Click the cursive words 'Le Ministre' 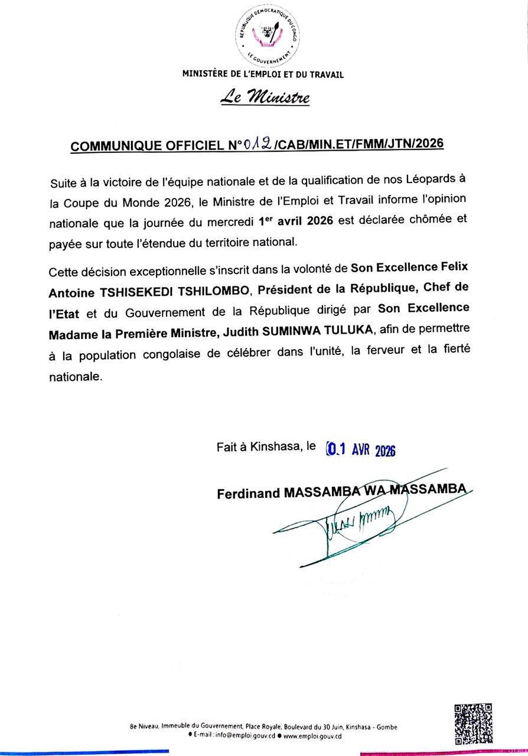tap(264, 96)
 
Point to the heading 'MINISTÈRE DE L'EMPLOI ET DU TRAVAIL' tap(263, 74)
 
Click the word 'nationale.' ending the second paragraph tap(76, 376)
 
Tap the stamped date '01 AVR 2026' tap(361, 450)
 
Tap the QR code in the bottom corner tap(472, 724)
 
